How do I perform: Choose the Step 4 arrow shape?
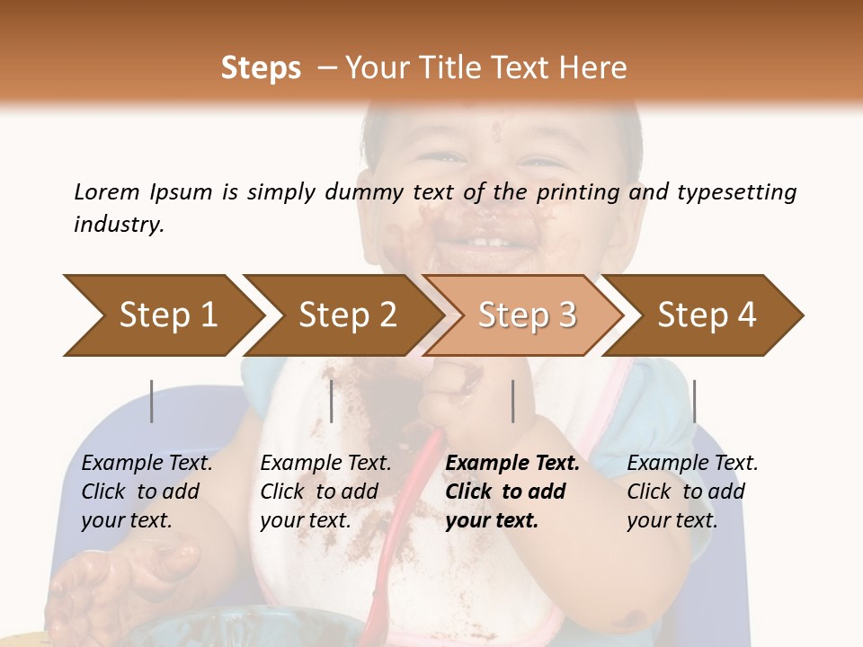click(706, 315)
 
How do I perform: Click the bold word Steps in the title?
click(261, 68)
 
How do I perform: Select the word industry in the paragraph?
click(118, 225)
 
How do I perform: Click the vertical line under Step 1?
click(152, 401)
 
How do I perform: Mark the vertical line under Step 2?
click(332, 401)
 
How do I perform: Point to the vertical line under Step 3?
click(512, 401)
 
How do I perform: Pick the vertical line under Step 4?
click(695, 401)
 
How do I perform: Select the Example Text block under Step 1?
click(146, 492)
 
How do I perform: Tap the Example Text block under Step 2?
click(325, 492)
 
